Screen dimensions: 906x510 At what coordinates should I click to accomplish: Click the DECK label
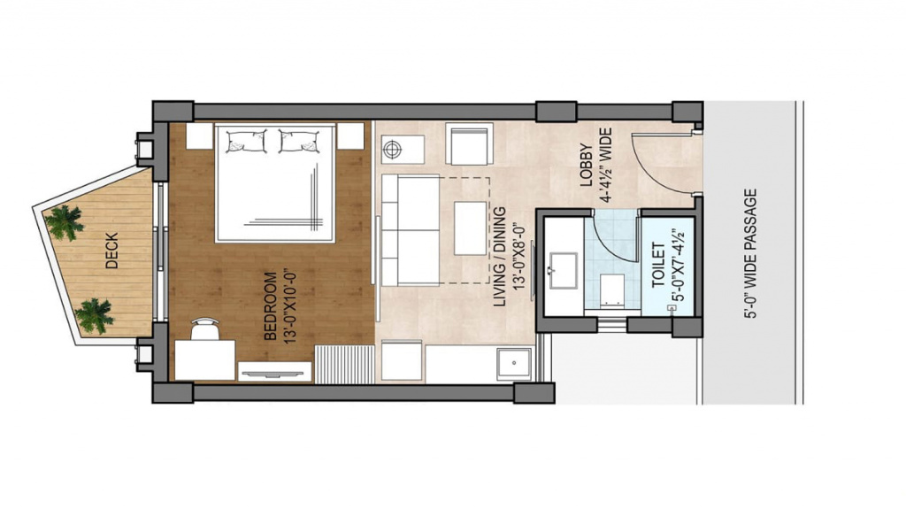tap(112, 251)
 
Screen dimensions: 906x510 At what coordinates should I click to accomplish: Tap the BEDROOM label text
tap(270, 305)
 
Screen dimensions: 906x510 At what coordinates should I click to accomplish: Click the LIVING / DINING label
tap(499, 257)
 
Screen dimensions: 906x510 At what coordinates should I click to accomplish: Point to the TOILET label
tap(658, 266)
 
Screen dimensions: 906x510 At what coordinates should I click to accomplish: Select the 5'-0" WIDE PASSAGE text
tap(750, 253)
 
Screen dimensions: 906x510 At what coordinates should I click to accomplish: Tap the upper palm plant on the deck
tap(64, 222)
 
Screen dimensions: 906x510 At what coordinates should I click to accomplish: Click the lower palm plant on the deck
tap(94, 316)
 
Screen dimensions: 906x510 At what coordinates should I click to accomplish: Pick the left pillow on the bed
tap(246, 141)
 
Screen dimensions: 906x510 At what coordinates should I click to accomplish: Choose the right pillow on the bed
tap(299, 141)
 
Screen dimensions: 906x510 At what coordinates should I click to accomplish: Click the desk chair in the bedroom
tap(204, 329)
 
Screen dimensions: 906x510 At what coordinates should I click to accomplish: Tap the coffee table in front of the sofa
tap(471, 228)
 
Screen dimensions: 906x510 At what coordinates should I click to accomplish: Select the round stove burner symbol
tap(393, 149)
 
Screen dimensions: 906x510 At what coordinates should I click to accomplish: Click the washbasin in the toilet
tap(564, 270)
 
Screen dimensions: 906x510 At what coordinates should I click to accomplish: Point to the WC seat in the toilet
tap(612, 290)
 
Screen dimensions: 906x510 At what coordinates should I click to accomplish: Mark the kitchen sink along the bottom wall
tap(514, 364)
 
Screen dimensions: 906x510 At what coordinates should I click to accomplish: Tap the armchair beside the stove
tap(469, 144)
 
